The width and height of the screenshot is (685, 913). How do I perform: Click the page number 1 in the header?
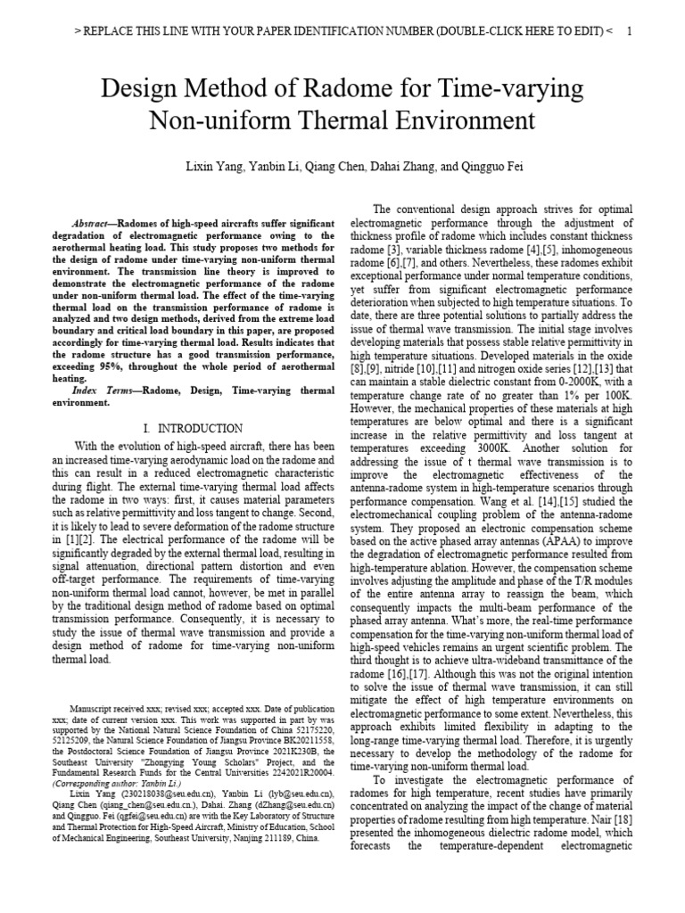tap(630, 31)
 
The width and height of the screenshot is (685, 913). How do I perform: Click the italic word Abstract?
tap(93, 222)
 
